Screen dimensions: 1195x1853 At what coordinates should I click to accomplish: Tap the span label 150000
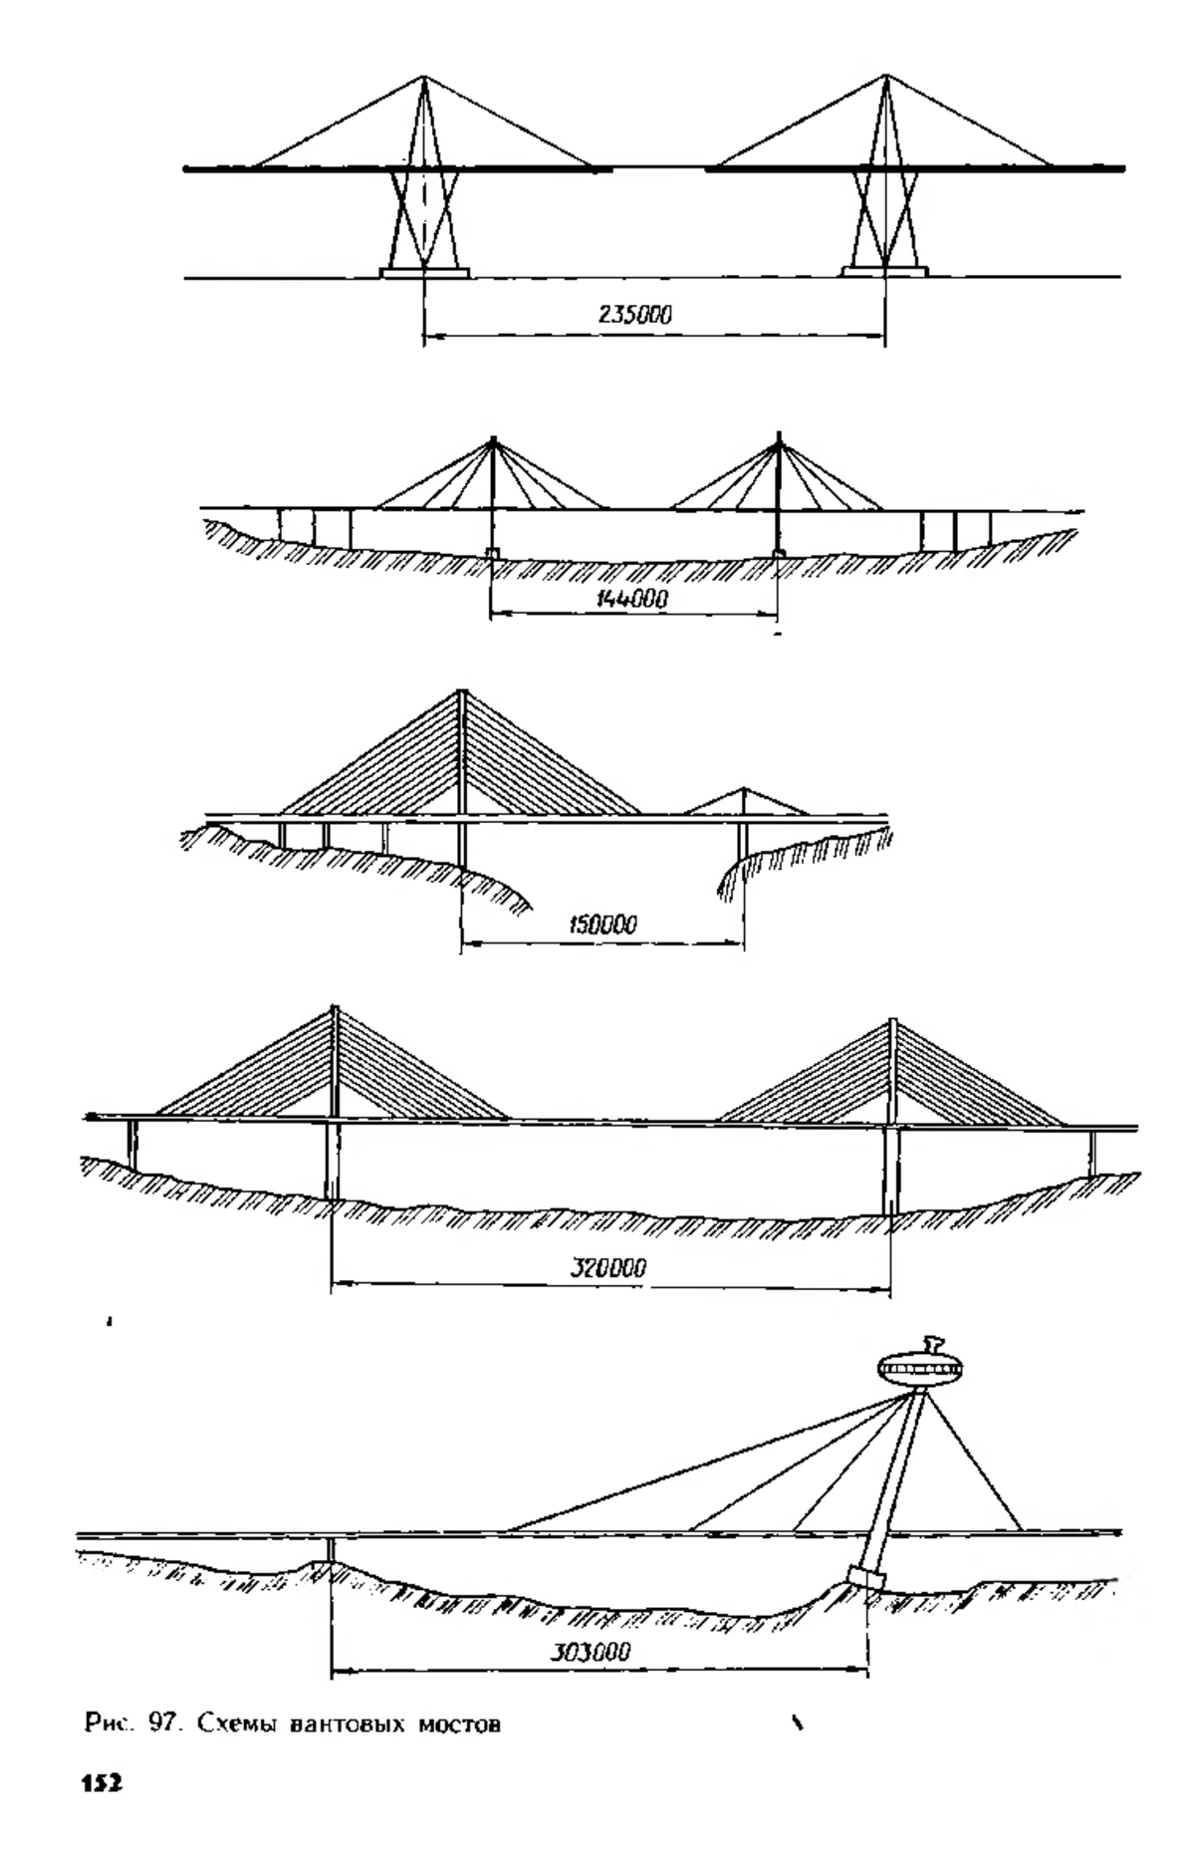602,925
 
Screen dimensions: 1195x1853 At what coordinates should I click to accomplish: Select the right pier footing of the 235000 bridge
885,271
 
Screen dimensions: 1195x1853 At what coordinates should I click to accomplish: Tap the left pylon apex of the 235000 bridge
424,78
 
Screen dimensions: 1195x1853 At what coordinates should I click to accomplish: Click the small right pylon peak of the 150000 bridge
745,789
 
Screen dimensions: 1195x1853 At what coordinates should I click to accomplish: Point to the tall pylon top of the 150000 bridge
461,693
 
